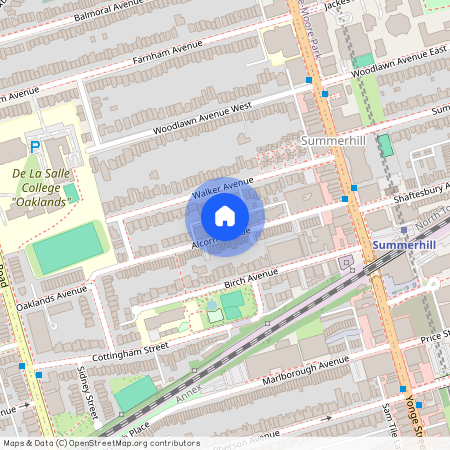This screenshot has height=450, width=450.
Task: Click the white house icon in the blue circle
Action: click(x=225, y=215)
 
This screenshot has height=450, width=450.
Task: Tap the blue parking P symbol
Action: click(x=34, y=148)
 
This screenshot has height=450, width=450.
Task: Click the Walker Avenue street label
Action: click(x=222, y=186)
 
